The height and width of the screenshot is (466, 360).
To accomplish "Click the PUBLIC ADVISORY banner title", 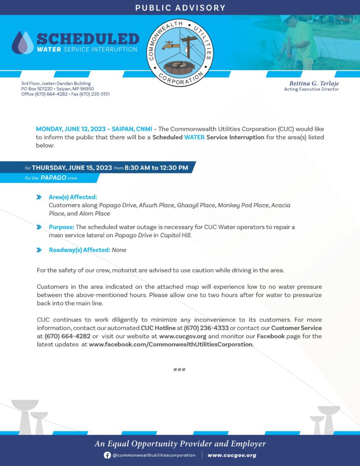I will coord(180,8).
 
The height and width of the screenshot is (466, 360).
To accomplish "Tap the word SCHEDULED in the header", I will coord(87,39).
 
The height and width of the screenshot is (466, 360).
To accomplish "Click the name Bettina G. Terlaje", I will coord(314,83).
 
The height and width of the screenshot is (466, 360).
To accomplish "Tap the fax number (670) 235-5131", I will coord(95,94).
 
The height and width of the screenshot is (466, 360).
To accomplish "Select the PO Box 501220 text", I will coord(37,89).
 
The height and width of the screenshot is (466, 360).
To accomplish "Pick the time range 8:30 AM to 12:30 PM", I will coord(156,168).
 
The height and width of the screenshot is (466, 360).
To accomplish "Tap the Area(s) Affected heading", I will coord(73,197).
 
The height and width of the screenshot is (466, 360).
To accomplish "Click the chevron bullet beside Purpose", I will coord(39,227).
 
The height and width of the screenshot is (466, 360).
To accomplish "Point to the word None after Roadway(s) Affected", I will coord(119,250).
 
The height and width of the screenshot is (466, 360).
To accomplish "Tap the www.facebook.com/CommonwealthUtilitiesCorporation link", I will coord(171,344).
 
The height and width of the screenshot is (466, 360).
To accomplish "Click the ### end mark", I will coord(179,370).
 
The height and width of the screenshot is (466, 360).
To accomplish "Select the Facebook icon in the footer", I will coord(107,455).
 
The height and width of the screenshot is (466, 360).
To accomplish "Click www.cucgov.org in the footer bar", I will coord(232,455).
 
